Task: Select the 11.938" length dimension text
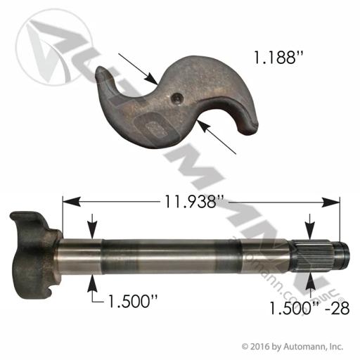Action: (194, 202)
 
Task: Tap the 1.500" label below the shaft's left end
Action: (132, 301)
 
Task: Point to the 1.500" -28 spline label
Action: (309, 308)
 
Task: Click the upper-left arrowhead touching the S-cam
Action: (151, 78)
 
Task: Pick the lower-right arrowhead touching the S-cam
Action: (203, 126)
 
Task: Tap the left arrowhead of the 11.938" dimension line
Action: (71, 202)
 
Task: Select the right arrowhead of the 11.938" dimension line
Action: (330, 202)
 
